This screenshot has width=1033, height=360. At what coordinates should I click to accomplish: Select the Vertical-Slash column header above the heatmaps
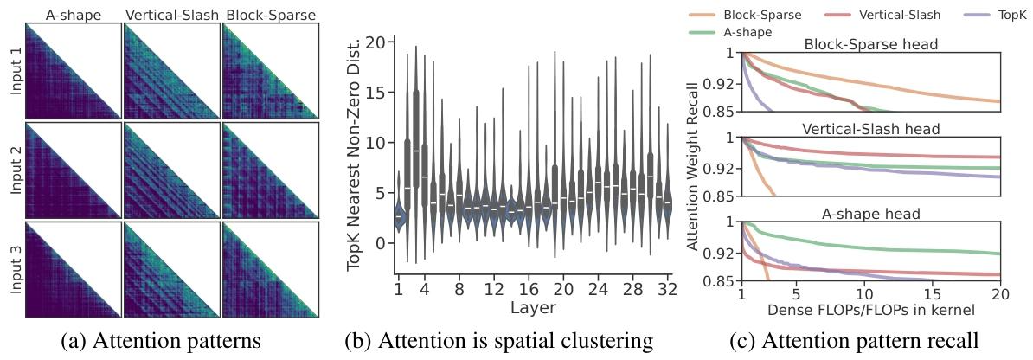point(171,15)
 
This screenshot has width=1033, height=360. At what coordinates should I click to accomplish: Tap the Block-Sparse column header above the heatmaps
point(271,15)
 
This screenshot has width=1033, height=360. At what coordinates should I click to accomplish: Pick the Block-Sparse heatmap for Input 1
point(271,71)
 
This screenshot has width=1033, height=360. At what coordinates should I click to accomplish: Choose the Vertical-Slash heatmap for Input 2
point(171,170)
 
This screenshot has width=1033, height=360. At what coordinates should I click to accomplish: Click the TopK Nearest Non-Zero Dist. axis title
point(355,156)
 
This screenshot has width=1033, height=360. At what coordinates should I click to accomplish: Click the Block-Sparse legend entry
point(754,15)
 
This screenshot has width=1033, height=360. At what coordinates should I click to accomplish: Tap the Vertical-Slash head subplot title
point(871,129)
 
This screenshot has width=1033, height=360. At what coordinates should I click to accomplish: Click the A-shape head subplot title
point(871,214)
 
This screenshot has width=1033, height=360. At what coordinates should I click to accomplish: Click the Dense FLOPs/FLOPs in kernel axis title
point(871,308)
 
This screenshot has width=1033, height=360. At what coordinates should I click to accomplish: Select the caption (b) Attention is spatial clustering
point(498,341)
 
